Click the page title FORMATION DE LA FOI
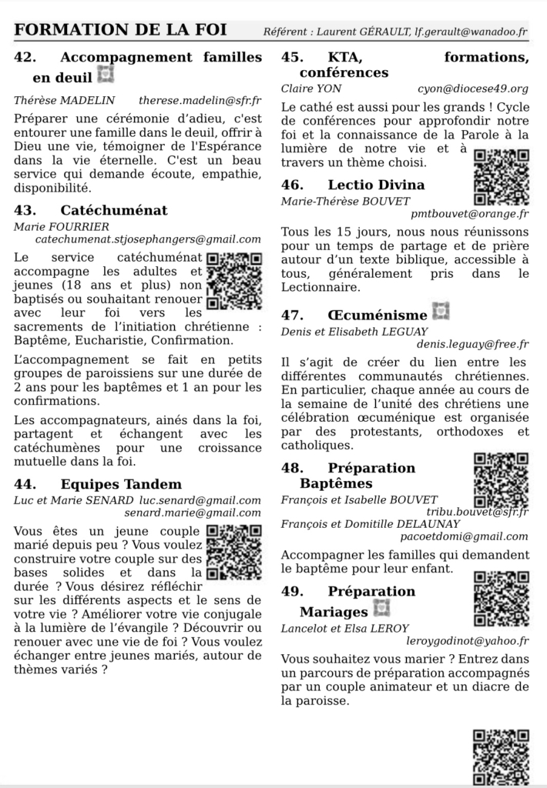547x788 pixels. pos(121,30)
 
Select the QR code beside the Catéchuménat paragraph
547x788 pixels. pos(235,279)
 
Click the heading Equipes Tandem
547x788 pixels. pos(121,484)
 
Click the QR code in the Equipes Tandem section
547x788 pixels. pos(235,551)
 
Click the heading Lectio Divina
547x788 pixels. pos(376,185)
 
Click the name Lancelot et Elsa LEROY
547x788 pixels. pos(345,628)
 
